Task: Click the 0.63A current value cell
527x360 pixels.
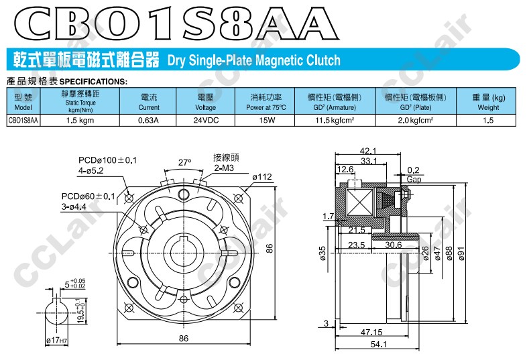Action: click(148, 121)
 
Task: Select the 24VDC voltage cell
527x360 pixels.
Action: click(206, 121)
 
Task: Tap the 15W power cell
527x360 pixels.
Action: click(265, 121)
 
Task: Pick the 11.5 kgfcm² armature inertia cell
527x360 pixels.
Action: click(335, 121)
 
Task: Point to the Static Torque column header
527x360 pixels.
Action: click(80, 101)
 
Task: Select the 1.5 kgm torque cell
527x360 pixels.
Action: click(80, 121)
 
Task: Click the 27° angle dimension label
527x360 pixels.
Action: click(184, 163)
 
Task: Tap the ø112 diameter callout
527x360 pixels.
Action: click(261, 177)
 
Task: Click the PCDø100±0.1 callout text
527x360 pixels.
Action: click(107, 160)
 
